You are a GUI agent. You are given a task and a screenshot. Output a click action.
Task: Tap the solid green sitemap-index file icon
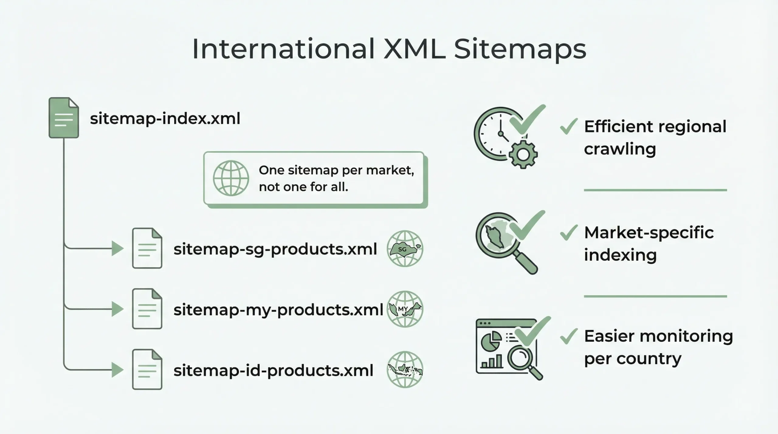coord(64,118)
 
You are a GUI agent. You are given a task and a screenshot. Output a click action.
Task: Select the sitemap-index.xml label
coord(165,118)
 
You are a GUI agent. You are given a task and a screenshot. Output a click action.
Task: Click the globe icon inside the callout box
coord(231,178)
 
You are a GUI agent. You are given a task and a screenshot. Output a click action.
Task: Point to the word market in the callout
coord(390,170)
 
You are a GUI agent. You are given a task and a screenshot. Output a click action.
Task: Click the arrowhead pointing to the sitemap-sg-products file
coord(117,248)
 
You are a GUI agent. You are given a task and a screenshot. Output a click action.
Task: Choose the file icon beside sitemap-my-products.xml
coord(147,309)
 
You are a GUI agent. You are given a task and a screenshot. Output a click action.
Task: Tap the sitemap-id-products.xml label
coord(273,371)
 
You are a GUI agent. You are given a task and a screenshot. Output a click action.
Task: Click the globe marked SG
coord(405,249)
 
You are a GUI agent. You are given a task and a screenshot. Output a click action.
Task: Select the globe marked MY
coord(405,309)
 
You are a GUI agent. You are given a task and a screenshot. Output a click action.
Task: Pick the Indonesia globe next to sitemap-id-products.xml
coord(405,370)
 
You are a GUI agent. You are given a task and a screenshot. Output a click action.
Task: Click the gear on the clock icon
coord(523,154)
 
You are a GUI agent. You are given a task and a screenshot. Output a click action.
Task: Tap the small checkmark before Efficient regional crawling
coord(568,126)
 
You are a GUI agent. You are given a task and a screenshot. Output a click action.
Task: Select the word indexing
coord(620,255)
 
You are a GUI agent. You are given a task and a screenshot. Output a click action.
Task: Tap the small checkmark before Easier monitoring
coord(568,337)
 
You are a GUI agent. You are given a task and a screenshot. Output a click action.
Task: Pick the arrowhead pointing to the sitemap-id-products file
coord(117,370)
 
